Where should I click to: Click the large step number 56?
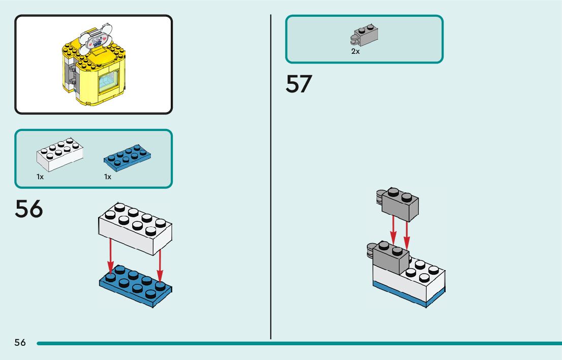click(29, 209)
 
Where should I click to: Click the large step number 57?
click(298, 84)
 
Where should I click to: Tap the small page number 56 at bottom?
click(20, 343)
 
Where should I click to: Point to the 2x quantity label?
click(355, 51)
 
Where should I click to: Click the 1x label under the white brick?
click(40, 177)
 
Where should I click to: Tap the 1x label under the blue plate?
click(108, 177)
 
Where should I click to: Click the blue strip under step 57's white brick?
click(407, 297)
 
